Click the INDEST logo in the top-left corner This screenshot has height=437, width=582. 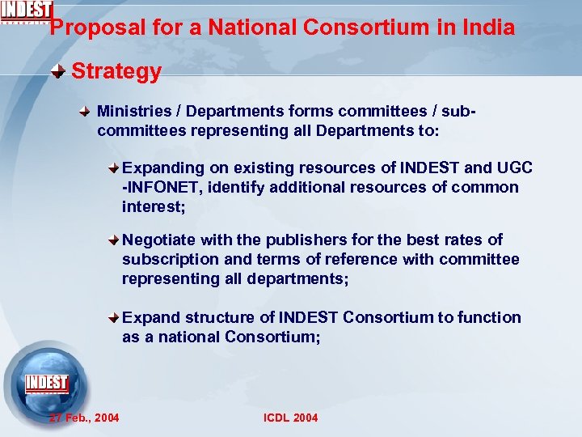[26, 11]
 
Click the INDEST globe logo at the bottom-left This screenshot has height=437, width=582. [47, 384]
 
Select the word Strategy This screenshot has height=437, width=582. [116, 71]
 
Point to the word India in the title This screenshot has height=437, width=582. [489, 28]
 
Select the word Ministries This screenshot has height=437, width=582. [133, 111]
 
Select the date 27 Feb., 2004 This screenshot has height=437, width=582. [84, 418]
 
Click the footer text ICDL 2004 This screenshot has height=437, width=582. [291, 418]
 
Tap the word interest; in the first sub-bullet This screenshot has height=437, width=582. [154, 206]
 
